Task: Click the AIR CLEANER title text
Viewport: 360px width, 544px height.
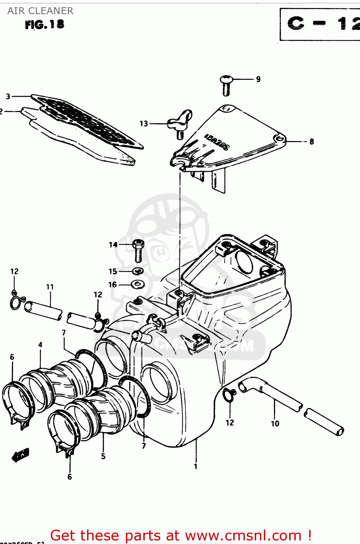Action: tap(40, 11)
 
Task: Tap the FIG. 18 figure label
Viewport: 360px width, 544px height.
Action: tap(44, 25)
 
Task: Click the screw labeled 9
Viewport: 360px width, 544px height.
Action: tap(226, 85)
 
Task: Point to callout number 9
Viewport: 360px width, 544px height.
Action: tap(258, 79)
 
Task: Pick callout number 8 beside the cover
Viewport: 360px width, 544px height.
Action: tap(311, 142)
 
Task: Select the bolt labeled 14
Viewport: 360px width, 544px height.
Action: tap(138, 251)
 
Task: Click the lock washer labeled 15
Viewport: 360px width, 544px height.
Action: tap(138, 271)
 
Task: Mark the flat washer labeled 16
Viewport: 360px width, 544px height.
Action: tap(138, 284)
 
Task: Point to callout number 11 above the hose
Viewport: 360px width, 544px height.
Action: tap(50, 287)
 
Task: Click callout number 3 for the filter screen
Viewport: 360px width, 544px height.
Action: tap(8, 96)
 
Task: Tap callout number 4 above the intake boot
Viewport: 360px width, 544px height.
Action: tap(40, 345)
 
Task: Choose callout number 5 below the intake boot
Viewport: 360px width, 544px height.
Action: tap(103, 456)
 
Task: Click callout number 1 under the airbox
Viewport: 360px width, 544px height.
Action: tap(196, 466)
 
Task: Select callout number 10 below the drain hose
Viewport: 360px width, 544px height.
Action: tap(275, 423)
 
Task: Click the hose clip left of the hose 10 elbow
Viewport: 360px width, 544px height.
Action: tap(229, 395)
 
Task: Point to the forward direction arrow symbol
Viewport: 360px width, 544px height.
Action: tap(21, 454)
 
